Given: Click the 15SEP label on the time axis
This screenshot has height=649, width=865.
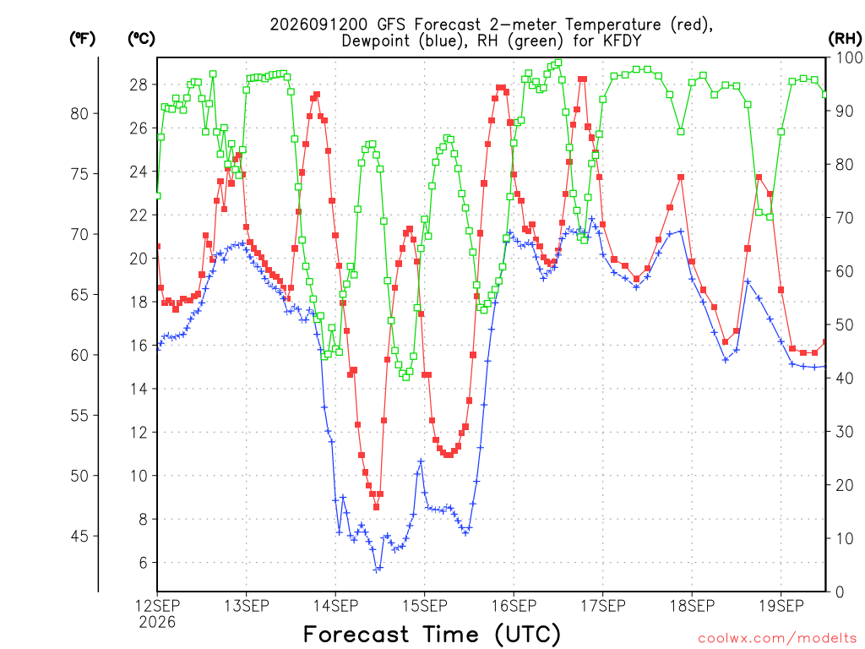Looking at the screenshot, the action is [x=425, y=606].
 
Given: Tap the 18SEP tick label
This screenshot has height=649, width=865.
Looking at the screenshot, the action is [x=693, y=606].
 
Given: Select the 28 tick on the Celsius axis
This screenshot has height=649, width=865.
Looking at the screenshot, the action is [x=139, y=85].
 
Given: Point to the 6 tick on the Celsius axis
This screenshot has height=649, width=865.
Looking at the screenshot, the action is [x=144, y=563].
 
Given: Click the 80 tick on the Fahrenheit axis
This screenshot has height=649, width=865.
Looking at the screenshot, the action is [x=79, y=114].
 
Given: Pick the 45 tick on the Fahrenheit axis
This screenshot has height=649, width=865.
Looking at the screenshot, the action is [x=79, y=536].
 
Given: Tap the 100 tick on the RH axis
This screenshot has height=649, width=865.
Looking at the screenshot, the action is [x=850, y=57].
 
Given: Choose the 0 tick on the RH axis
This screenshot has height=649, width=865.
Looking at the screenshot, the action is [x=840, y=592].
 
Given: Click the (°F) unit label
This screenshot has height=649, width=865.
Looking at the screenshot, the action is [x=82, y=39].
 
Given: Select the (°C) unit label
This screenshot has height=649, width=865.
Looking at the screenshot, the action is [x=141, y=39].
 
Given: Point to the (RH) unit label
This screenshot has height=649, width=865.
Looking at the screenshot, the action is [x=845, y=39].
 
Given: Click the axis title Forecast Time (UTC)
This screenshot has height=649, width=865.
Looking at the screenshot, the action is [x=432, y=634].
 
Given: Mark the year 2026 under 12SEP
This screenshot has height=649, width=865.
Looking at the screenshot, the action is [x=157, y=623].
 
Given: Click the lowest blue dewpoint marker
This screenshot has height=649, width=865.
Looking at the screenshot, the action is [x=377, y=570].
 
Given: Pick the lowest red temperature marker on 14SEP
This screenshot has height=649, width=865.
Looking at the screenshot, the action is [x=376, y=507].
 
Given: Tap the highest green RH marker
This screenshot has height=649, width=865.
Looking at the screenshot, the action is [x=558, y=63].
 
